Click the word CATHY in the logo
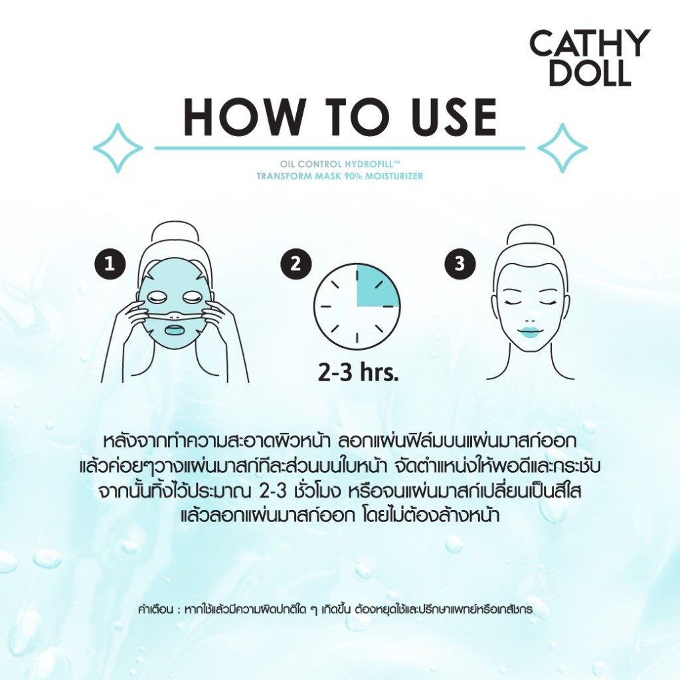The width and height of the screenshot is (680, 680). (590, 43)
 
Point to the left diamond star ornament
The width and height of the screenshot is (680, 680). (118, 148)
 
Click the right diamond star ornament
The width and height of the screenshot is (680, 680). (562, 148)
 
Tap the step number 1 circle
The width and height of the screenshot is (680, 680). (110, 264)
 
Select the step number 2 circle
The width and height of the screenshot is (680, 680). (296, 264)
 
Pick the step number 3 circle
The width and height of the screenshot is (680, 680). (460, 264)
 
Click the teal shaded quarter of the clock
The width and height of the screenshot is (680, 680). (374, 289)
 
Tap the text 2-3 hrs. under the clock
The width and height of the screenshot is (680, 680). (358, 373)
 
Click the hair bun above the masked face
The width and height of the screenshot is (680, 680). (175, 237)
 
